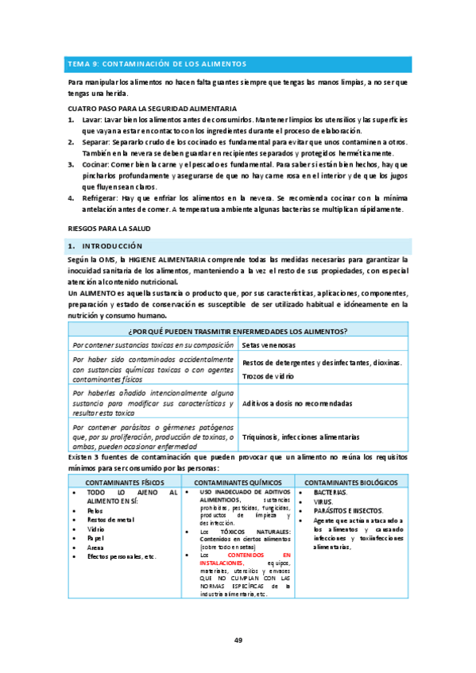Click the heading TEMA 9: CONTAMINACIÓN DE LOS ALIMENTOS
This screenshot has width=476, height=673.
tap(157, 63)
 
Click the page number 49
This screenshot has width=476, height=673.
tap(238, 640)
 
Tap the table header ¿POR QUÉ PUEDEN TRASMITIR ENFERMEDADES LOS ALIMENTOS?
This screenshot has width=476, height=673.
tap(238, 331)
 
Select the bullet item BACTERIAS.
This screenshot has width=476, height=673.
tap(319, 492)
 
